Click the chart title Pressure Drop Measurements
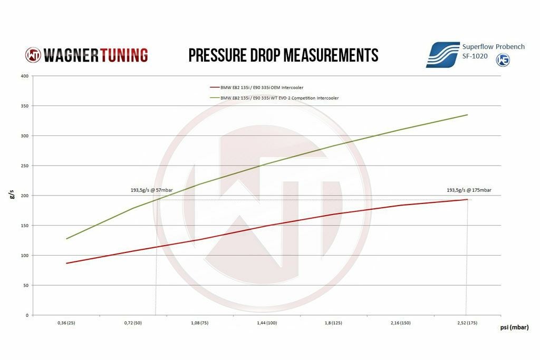point(283,55)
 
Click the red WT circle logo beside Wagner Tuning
point(33,55)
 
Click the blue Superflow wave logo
point(442,55)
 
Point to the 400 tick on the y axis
point(24,76)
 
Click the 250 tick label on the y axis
point(24,166)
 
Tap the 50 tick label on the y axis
point(25,285)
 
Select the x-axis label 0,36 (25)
point(66,323)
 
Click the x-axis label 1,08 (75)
point(199,323)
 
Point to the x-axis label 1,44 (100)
point(266,323)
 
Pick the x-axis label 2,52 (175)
point(466,323)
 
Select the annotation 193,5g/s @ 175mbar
point(469,190)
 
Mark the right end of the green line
point(467,115)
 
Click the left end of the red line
point(66,263)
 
